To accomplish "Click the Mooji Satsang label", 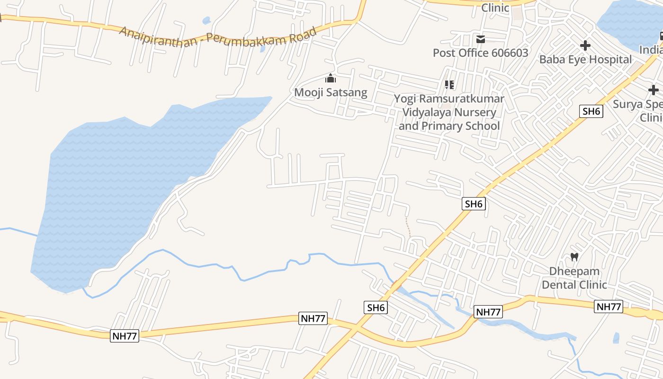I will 331,92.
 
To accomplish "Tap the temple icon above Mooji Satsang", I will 331,78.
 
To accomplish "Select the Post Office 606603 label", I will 480,53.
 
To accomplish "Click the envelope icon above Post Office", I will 481,39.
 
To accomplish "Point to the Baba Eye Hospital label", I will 585,59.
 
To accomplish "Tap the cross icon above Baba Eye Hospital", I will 585,46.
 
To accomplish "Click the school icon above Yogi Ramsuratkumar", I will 449,85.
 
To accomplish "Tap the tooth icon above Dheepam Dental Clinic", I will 574,257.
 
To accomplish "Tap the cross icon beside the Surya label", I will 654,90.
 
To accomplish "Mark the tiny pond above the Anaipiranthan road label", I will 206,21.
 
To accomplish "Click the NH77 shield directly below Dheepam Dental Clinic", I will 609,307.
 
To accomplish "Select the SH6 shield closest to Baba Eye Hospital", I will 591,111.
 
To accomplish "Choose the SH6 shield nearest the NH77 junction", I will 376,307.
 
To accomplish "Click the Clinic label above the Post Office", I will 495,8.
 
